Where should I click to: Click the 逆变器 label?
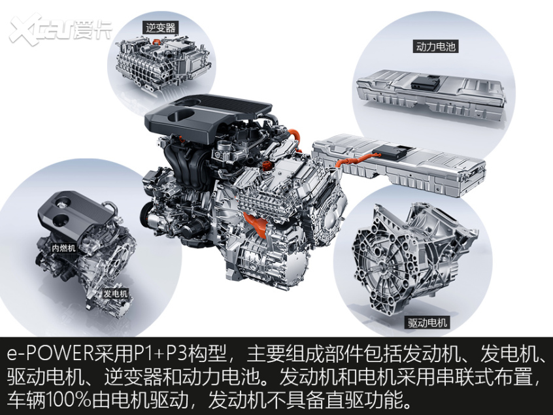tap(160, 27)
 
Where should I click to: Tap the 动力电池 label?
tap(435, 47)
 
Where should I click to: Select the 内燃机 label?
tap(63, 248)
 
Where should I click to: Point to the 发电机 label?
tap(116, 294)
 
